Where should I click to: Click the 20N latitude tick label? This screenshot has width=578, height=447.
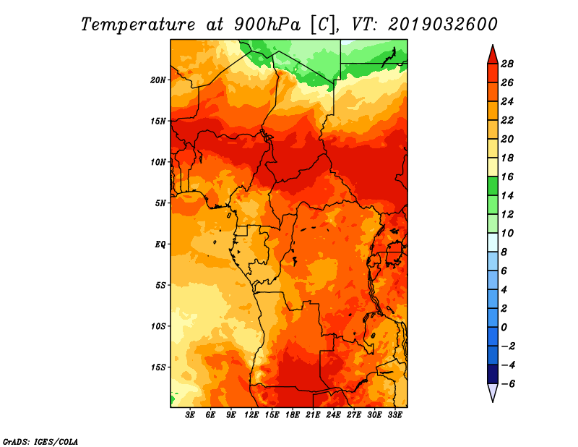[x=158, y=80]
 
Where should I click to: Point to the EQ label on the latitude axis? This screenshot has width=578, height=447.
[x=160, y=244]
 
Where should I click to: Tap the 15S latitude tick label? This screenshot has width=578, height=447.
[x=158, y=367]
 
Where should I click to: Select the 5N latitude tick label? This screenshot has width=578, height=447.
[x=160, y=203]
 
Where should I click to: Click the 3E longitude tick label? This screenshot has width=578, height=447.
[x=190, y=414]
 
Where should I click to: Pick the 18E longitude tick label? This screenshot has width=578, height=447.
[x=293, y=414]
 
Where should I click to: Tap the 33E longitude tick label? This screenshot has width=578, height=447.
[x=394, y=414]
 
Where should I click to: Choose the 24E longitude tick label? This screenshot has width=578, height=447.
[x=333, y=414]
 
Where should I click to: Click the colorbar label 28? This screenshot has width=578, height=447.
[x=507, y=64]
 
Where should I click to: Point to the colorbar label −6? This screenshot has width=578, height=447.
[x=508, y=384]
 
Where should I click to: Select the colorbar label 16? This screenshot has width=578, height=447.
[x=507, y=176]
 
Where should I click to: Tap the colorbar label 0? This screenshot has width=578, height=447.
[x=504, y=328]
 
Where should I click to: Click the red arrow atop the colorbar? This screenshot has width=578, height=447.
[x=493, y=55]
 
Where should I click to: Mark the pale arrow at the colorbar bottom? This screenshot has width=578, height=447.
[x=493, y=392]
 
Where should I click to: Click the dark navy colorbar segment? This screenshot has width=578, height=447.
[x=493, y=374]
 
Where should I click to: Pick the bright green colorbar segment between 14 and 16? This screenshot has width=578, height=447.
[x=493, y=186]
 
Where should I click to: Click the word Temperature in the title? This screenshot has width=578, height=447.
[x=138, y=25]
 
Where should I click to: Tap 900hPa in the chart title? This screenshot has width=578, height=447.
[x=267, y=25]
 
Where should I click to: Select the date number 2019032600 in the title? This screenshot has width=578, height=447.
[x=443, y=25]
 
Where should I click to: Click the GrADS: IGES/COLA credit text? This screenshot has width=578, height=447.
[x=40, y=442]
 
